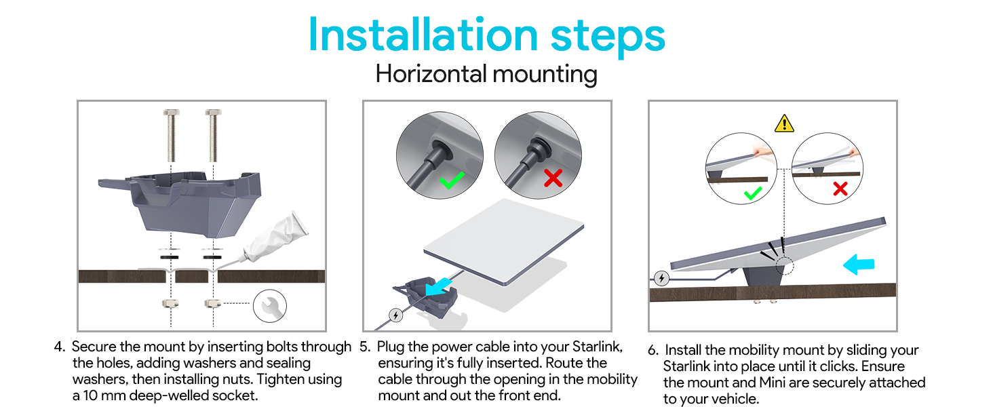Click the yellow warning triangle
[x=784, y=123]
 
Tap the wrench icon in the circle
[x=269, y=306]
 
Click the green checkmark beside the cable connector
[x=452, y=180]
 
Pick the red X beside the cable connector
[x=553, y=178]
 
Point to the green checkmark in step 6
[x=753, y=193]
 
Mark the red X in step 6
[x=840, y=189]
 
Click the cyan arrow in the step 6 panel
[x=858, y=265]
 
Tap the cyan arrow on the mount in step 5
[x=438, y=287]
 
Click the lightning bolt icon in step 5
[x=395, y=315]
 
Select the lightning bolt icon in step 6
[x=661, y=278]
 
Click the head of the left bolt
[x=171, y=113]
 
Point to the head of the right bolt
[x=213, y=113]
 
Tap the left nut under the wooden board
[x=171, y=303]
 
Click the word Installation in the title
[x=423, y=35]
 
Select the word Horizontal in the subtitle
[x=431, y=73]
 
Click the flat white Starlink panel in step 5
[x=503, y=241]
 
